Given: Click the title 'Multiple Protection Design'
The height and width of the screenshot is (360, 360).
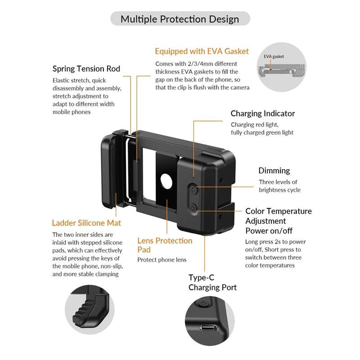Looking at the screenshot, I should (179, 19).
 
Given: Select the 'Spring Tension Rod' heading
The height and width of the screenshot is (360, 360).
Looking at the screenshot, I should (86, 68).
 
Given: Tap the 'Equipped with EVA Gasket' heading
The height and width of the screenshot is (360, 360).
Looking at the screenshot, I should (202, 51).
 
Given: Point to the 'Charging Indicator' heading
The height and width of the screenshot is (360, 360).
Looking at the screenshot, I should (262, 113).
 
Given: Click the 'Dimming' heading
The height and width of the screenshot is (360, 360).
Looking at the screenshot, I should (274, 170).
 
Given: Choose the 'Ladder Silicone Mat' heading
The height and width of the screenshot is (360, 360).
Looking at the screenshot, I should (86, 223).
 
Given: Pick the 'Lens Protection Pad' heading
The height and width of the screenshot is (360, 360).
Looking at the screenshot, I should (165, 244).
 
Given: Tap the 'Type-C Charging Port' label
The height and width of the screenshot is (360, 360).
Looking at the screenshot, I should (212, 282).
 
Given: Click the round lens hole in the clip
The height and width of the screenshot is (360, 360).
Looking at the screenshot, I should (166, 182).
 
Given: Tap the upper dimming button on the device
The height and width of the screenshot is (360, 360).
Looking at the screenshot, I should (193, 189).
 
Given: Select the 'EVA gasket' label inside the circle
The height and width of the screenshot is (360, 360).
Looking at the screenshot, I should (274, 57).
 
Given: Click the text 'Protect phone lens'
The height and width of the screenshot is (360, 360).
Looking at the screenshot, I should (161, 260).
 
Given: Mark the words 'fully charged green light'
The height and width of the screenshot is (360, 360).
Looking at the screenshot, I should (262, 132).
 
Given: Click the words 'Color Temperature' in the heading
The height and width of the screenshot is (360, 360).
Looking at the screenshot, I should (278, 211).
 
